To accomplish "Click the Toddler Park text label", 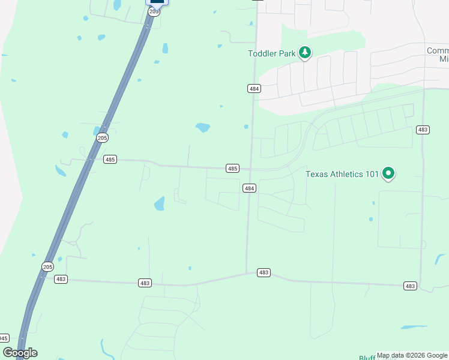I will tap(272, 53).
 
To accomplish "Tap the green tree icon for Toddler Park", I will tap(306, 53).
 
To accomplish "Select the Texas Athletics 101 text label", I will tap(342, 174).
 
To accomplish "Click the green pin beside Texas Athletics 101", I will tap(388, 173).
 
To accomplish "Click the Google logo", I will tap(20, 353).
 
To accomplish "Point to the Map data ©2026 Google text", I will tap(412, 356).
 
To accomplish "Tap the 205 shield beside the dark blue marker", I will tap(154, 11).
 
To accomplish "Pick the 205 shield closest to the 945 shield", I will tap(48, 266).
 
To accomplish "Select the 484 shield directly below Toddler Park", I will tap(254, 88).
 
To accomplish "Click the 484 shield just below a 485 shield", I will tap(250, 188).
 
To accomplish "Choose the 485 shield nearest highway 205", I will tap(110, 160).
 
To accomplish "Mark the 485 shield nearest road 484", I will tap(233, 169).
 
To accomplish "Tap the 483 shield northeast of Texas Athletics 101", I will tap(422, 130).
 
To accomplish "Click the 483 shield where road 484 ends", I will tap(264, 272).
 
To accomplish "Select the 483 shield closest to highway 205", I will tap(61, 279).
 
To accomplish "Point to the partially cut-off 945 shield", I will tap(4, 338).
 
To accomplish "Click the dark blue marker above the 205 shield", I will tap(157, 2).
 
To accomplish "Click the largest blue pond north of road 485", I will tap(203, 127).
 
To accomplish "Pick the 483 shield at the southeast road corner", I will tap(410, 286).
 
